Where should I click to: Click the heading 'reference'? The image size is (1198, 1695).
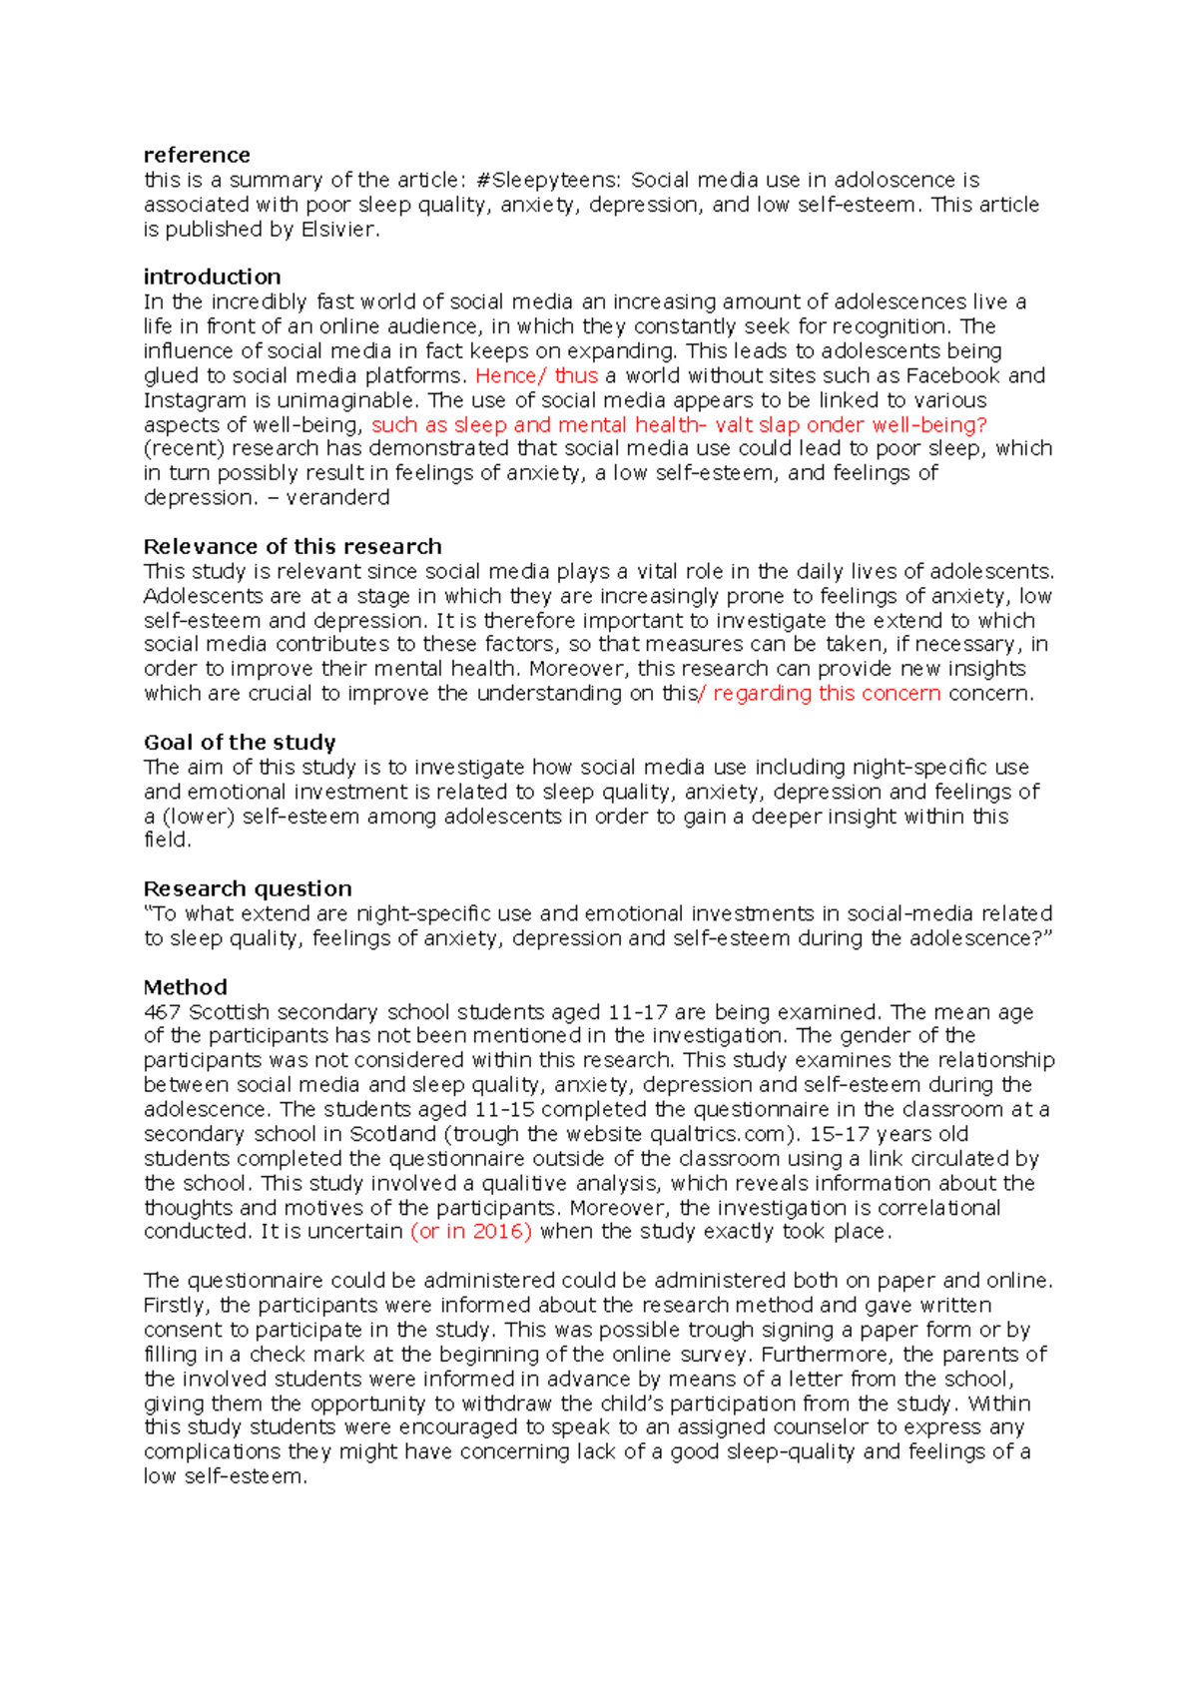click(x=197, y=155)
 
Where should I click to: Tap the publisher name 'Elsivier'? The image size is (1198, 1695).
click(x=338, y=229)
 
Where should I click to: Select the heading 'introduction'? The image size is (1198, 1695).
click(x=212, y=277)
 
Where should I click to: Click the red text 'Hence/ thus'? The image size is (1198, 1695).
click(x=536, y=375)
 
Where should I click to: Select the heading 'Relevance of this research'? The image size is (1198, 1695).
click(x=293, y=546)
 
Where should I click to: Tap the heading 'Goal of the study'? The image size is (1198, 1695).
click(x=240, y=742)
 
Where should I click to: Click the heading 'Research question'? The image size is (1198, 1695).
click(x=248, y=888)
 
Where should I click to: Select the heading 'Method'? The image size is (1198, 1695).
click(x=185, y=986)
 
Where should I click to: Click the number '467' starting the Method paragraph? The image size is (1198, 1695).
click(x=163, y=1011)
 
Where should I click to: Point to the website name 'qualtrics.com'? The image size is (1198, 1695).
click(x=716, y=1134)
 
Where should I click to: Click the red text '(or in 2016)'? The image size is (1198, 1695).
click(x=471, y=1232)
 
